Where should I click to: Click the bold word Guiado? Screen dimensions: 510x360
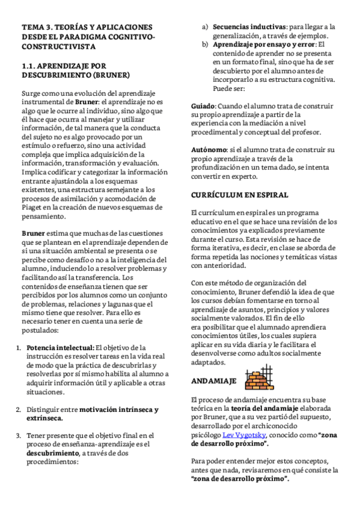coord(204,105)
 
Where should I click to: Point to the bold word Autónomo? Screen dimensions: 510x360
coord(209,149)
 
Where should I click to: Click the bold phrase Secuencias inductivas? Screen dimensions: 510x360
coord(249,27)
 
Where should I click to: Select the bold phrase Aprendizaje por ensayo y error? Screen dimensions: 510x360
coord(264,44)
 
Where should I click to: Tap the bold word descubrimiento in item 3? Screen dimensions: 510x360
coord(51,453)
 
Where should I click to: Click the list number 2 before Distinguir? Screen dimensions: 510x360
coord(18,410)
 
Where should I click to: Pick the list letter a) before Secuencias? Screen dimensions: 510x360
coord(205,27)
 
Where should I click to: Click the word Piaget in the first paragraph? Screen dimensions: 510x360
coord(34,208)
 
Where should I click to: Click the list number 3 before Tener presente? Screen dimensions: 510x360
coord(18,435)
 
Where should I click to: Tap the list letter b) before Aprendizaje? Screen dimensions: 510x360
coord(205,44)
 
